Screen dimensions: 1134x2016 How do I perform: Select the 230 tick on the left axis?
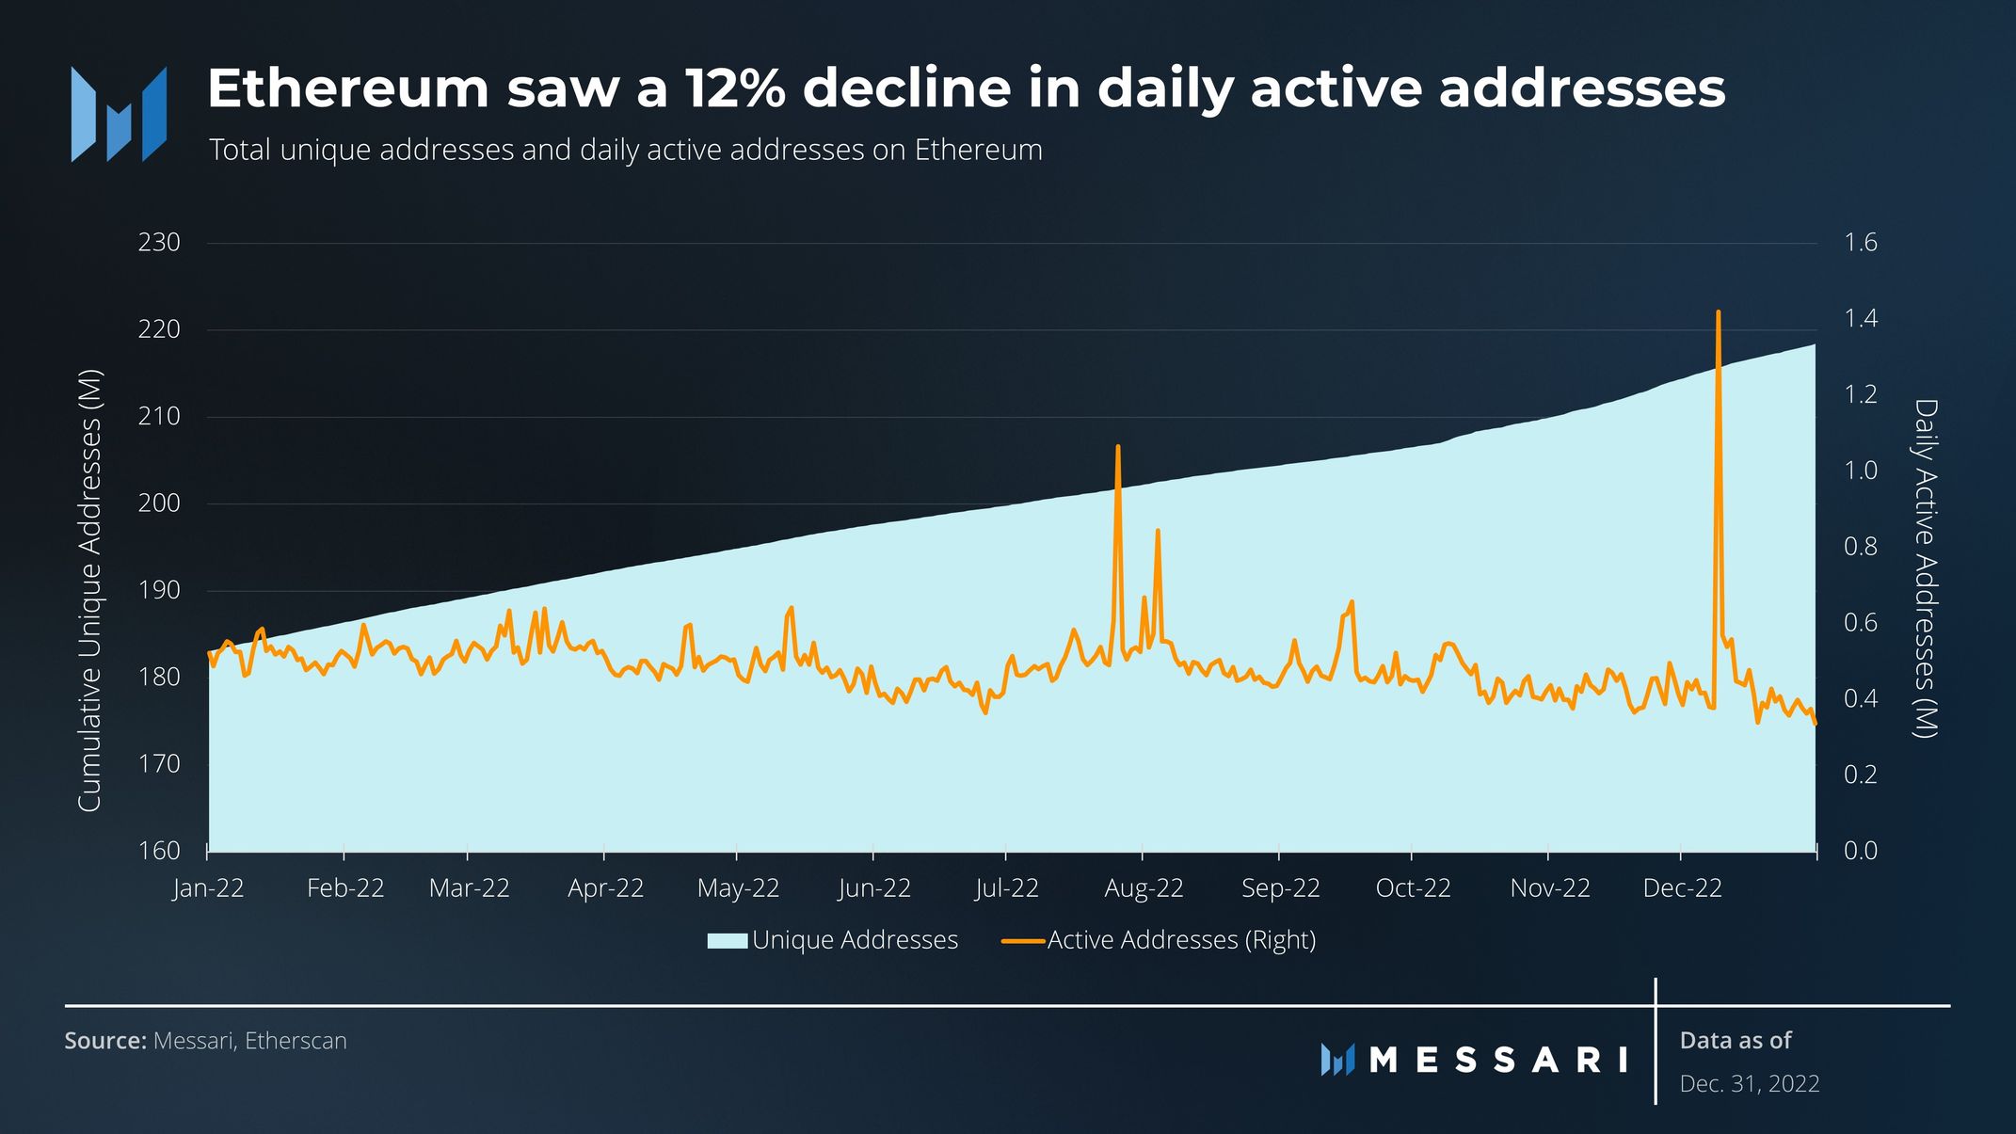(158, 243)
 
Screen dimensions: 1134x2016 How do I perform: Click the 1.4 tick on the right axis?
(1860, 319)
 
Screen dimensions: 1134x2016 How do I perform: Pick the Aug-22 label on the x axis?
(1143, 888)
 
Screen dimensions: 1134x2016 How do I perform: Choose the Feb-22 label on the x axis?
(345, 888)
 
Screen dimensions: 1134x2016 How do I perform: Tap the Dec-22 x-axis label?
(1682, 888)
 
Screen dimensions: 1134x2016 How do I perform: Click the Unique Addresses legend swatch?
(727, 940)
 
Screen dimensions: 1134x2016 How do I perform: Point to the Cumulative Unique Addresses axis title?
(89, 590)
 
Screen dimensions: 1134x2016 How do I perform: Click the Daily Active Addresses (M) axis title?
(1926, 568)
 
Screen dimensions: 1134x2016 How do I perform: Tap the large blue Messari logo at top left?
(119, 114)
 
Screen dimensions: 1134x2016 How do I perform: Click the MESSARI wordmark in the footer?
(1496, 1060)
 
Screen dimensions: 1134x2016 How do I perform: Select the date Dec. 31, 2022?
(1749, 1084)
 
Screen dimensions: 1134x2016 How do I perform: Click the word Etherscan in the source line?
(296, 1041)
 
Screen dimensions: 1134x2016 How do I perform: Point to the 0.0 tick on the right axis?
(1860, 851)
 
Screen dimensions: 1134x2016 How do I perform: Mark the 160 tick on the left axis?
(158, 851)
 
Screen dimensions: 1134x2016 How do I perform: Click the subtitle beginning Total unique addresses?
(625, 151)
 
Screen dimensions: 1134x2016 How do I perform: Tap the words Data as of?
(1735, 1041)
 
